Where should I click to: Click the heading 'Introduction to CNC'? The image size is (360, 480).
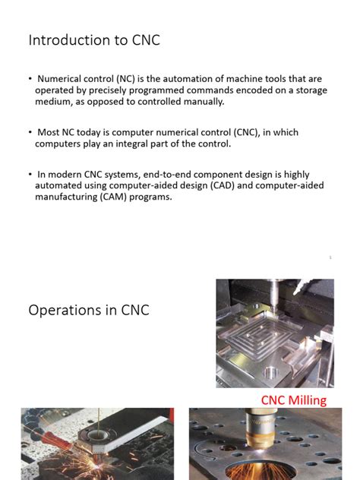click(x=94, y=40)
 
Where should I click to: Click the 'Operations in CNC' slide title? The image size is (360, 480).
click(x=89, y=310)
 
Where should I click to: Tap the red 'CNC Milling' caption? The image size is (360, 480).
click(x=293, y=399)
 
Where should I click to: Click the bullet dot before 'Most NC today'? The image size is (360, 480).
click(x=30, y=132)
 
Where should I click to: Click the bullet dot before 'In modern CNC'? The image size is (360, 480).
click(x=30, y=175)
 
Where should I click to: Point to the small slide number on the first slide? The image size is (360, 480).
click(x=330, y=257)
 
